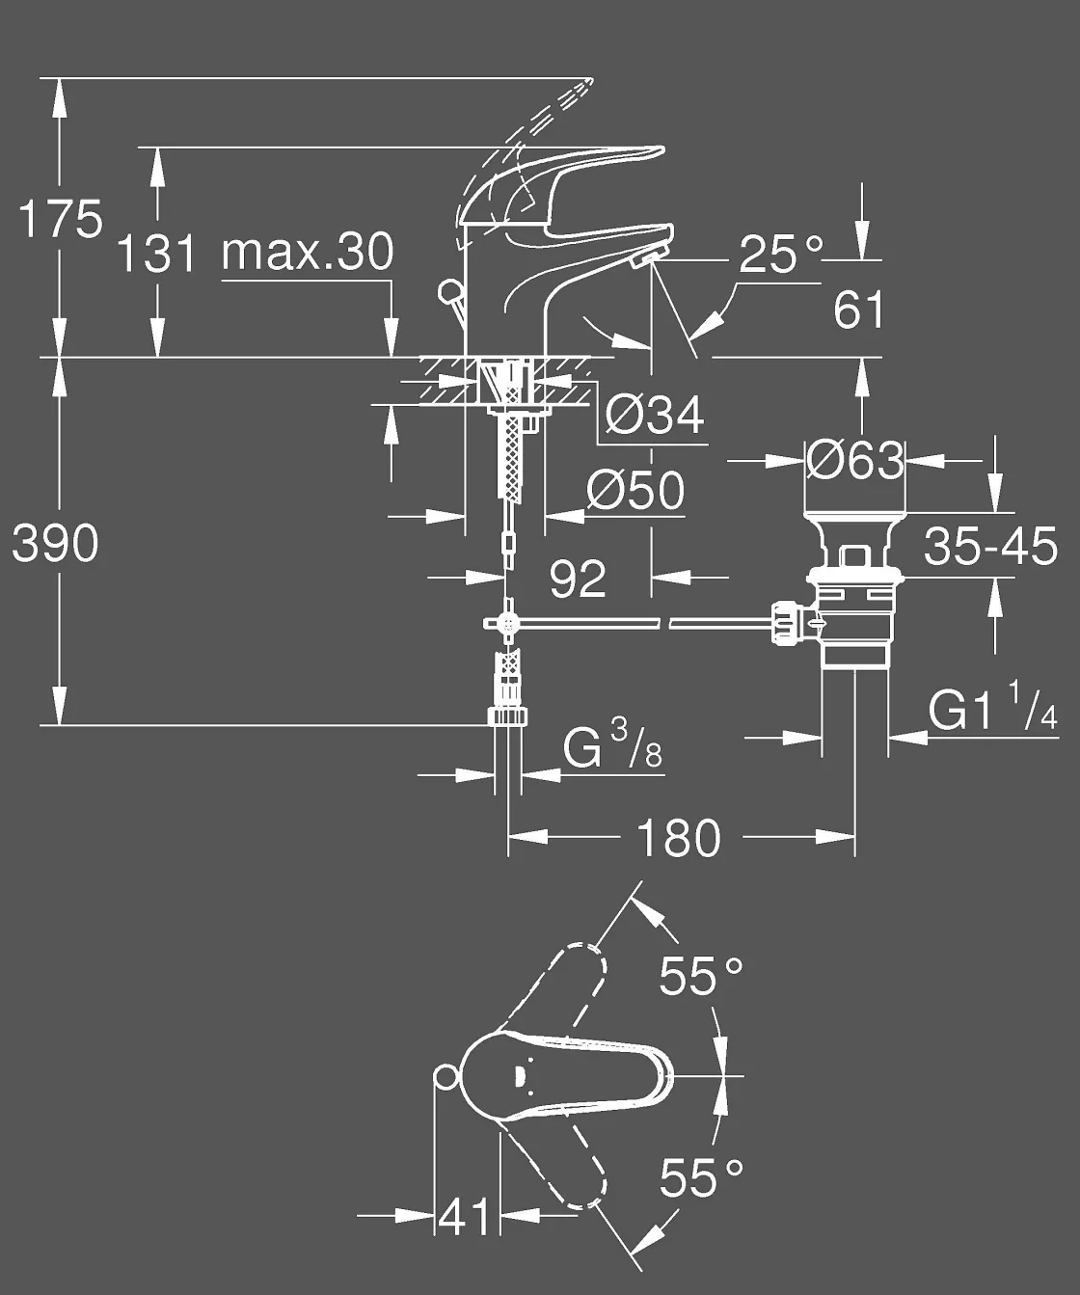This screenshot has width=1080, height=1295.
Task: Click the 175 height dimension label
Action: tap(61, 220)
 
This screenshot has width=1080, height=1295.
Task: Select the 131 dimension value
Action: tap(155, 254)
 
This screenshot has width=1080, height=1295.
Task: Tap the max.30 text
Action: tap(308, 252)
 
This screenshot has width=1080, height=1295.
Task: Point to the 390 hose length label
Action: tap(55, 544)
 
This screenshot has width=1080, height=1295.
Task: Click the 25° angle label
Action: tap(781, 255)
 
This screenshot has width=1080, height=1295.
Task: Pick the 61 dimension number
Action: tap(858, 310)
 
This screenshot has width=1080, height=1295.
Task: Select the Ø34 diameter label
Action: tap(655, 416)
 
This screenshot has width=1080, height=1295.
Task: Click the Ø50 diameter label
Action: tap(635, 491)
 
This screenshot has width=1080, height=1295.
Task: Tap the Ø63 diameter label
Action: tap(855, 460)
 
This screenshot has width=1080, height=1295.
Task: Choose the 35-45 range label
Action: tap(990, 547)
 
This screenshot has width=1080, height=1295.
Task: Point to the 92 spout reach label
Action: tap(578, 579)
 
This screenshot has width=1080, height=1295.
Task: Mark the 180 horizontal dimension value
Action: tap(679, 838)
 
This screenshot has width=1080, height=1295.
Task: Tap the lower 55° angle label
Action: tap(701, 1177)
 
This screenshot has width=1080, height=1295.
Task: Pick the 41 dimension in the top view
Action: tap(465, 1217)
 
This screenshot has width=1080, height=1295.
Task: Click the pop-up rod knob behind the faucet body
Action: tap(447, 290)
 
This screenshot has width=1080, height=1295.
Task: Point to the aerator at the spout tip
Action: tap(644, 256)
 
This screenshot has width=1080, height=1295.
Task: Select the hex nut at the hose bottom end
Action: tap(508, 716)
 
